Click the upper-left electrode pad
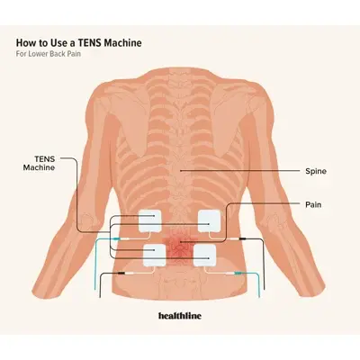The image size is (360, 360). click(149, 220)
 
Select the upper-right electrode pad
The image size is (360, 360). click(210, 220)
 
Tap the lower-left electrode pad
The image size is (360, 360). click(155, 256)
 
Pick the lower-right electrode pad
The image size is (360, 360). click(204, 256)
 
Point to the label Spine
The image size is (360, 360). click(316, 171)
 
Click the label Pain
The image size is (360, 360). click(313, 204)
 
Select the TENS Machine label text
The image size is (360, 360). click(40, 163)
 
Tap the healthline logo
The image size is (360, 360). click(180, 316)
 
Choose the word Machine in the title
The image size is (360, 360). click(122, 42)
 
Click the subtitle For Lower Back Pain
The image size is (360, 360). click(49, 54)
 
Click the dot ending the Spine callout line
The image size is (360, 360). click(181, 171)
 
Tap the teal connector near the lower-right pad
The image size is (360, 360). click(238, 274)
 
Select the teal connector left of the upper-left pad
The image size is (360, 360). click(116, 238)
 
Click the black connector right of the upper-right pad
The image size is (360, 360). click(242, 238)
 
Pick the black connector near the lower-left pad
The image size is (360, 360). click(121, 274)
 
